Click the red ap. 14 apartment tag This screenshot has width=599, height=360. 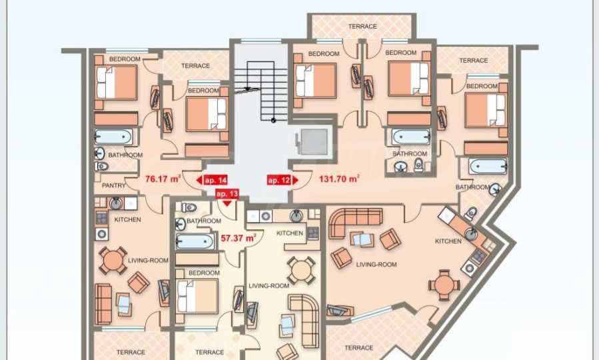pos(213,180)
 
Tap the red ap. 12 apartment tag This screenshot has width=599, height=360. pos(283,180)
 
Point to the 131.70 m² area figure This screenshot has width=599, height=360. pos(339,179)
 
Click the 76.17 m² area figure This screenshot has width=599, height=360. pos(163,179)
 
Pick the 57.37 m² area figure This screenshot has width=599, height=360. pos(239,238)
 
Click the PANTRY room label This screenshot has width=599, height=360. pos(113,185)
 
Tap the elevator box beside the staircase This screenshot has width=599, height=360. pos(314,142)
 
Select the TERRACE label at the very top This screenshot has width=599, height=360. pos(362,27)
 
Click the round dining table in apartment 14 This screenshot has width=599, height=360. pos(113,260)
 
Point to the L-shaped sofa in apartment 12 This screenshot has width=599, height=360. pos(355,221)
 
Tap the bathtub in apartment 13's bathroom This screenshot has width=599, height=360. pos(195,241)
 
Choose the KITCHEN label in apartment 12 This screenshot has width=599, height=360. pos(448,241)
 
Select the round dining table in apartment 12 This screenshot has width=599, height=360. pos(444,285)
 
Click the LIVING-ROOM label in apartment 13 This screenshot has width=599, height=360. pos(269,285)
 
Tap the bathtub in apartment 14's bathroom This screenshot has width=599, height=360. pos(113,137)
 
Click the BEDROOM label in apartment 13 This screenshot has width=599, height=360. pos(204,273)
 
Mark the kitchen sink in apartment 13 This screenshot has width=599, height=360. pos(297,216)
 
